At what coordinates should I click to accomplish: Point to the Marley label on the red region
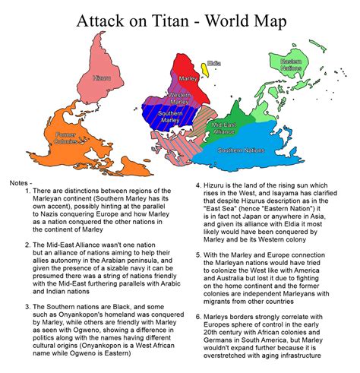point(189,79)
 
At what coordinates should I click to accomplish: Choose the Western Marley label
point(179,98)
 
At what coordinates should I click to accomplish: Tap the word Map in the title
point(272,23)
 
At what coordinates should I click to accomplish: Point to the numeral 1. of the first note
point(28,191)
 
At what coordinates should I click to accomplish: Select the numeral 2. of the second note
point(28,245)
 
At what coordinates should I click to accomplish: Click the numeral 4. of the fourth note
point(199,184)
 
